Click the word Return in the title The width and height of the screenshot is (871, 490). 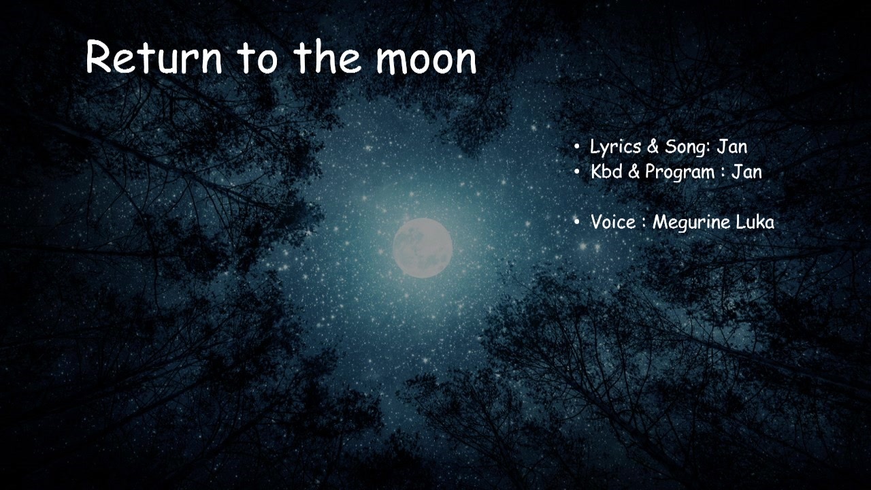(154, 56)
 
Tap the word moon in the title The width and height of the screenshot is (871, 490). (426, 61)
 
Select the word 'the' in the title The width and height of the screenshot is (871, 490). (327, 56)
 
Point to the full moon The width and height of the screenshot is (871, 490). (423, 248)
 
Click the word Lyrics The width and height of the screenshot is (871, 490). (616, 148)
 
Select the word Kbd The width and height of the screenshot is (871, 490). (606, 171)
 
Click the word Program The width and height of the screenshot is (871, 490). (680, 173)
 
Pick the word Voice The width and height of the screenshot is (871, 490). (613, 222)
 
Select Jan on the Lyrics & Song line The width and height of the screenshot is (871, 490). (732, 147)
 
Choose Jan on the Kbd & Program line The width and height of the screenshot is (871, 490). (746, 172)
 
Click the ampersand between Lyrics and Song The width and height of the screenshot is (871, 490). (653, 147)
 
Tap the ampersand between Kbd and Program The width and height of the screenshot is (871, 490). (634, 172)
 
